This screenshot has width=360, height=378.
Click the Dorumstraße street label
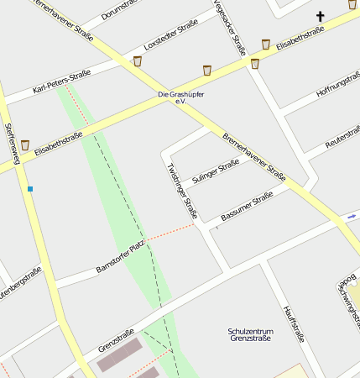(121, 9)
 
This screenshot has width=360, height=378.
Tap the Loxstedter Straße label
(170, 34)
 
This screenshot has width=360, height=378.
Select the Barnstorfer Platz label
(120, 256)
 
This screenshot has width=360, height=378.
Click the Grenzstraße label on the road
(117, 340)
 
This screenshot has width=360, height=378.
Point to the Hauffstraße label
(293, 323)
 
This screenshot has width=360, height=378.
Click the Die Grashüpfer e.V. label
(180, 97)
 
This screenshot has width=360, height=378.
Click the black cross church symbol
(320, 16)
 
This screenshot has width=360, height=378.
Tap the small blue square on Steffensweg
(30, 189)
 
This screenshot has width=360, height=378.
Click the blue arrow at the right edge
(351, 216)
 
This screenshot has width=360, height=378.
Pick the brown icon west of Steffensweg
(25, 145)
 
